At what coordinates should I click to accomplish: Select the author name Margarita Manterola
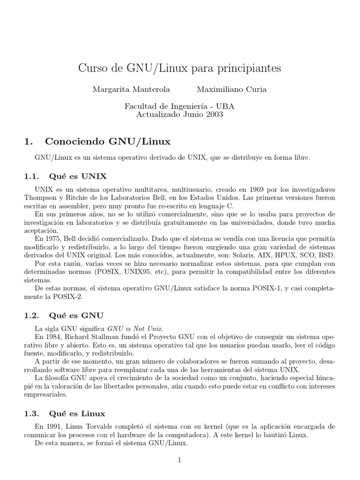point(124,90)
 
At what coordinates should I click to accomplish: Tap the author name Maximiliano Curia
point(232,90)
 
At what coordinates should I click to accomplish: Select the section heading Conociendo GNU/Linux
point(107,141)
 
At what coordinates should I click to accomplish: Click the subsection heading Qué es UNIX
point(77,176)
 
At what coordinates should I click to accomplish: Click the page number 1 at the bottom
point(180,460)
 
